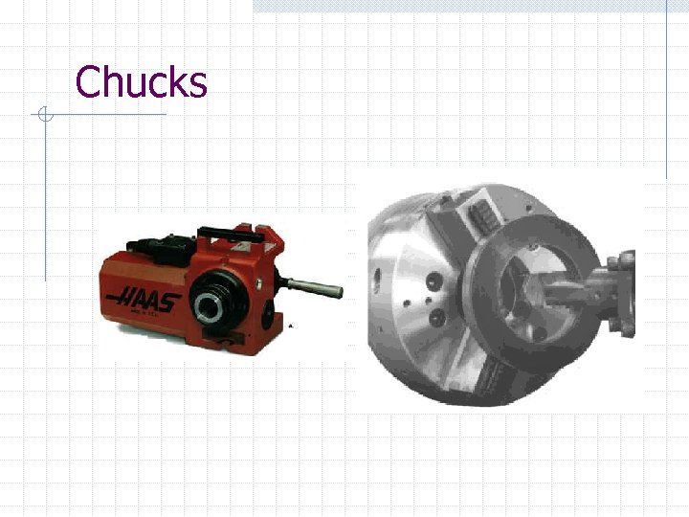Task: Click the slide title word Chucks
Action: (141, 81)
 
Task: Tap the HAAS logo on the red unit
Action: (144, 300)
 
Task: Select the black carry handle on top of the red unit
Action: (232, 236)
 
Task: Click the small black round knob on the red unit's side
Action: (268, 316)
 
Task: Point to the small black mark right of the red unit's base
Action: (291, 326)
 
